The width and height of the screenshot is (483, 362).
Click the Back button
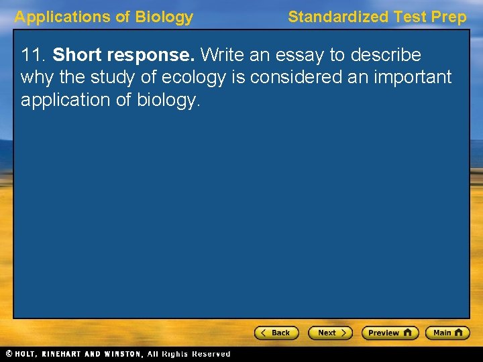[276, 333]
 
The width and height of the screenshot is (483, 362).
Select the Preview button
[390, 333]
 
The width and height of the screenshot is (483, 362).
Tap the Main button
[447, 333]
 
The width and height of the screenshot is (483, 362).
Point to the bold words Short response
[124, 54]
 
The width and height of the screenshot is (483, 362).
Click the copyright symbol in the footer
[8, 354]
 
